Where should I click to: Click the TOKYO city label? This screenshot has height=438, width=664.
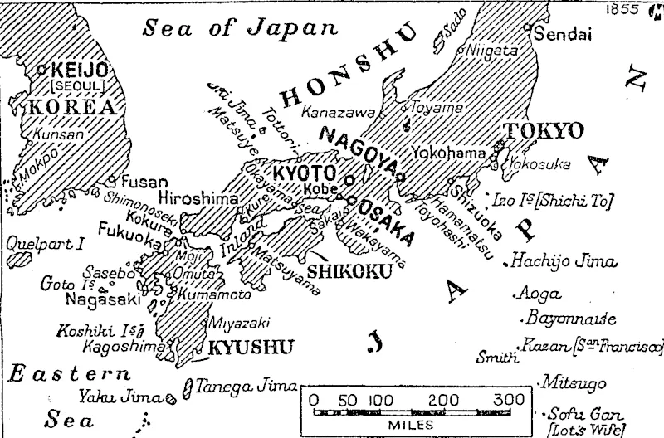545,131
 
